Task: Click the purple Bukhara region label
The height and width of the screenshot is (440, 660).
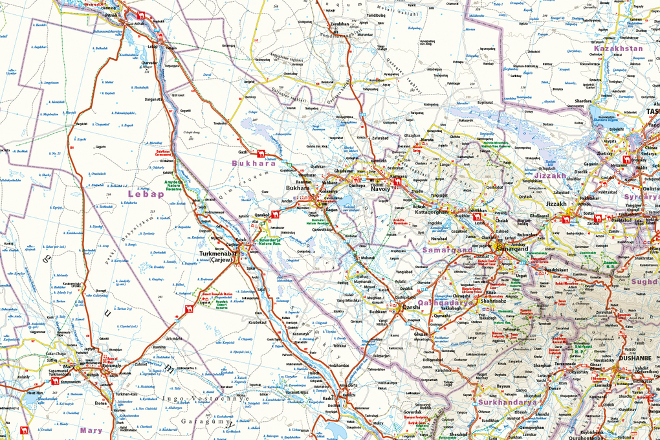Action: coord(254,164)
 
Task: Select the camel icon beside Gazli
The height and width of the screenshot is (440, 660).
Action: coord(261,153)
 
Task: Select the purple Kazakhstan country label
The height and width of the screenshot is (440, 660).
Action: coord(618,49)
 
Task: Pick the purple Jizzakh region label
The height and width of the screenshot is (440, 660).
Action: coord(550,175)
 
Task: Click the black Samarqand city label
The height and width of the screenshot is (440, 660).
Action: coord(512,249)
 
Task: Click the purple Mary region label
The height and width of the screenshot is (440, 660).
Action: coord(91,430)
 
